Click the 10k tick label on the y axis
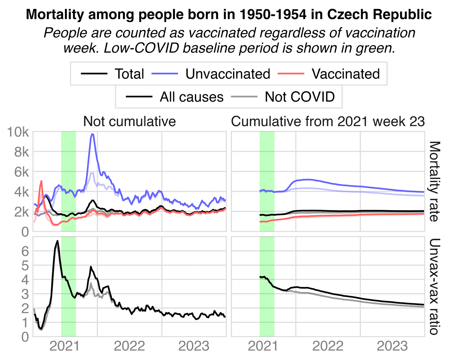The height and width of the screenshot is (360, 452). coord(18,132)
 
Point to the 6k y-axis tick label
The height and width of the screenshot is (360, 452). coord(22,172)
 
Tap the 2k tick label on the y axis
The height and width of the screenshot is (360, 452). coord(22,212)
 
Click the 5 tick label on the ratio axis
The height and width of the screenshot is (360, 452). coord(25,265)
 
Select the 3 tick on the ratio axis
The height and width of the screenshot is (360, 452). coord(25,294)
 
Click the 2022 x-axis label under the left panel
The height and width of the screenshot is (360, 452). coord(129,346)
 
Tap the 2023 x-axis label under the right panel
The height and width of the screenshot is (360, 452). coord(392,346)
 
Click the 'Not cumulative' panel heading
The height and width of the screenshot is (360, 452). coord(129,122)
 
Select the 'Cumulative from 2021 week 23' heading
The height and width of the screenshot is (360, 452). coord(328,122)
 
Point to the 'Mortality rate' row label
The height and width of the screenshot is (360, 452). coord(434,182)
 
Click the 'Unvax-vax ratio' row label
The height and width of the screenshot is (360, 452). coord(434,286)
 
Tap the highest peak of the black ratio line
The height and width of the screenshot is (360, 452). coord(57,241)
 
